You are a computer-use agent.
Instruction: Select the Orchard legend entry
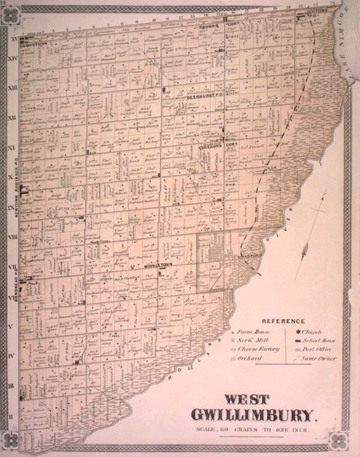coord(246,359)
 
